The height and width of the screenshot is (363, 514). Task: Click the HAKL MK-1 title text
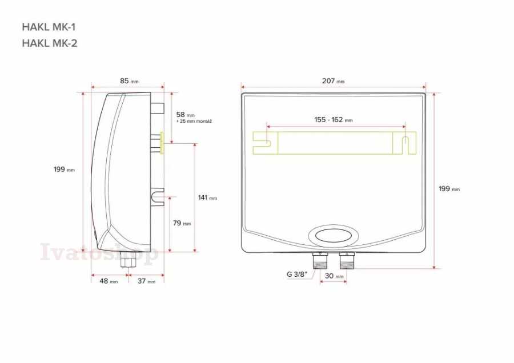pyautogui.click(x=49, y=27)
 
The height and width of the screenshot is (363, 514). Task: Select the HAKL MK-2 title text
pyautogui.click(x=50, y=43)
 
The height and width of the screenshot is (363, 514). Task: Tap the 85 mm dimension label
pyautogui.click(x=129, y=80)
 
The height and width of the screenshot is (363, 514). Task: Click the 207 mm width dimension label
pyautogui.click(x=333, y=80)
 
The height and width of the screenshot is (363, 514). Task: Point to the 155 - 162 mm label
pyautogui.click(x=334, y=120)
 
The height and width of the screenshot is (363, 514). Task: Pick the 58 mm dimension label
pyautogui.click(x=185, y=115)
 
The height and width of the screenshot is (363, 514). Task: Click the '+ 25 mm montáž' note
pyautogui.click(x=194, y=121)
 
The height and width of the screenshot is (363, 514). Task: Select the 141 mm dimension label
pyautogui.click(x=207, y=197)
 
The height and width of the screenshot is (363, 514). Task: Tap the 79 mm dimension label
pyautogui.click(x=182, y=223)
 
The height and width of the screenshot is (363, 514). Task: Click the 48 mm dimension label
pyautogui.click(x=109, y=281)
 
